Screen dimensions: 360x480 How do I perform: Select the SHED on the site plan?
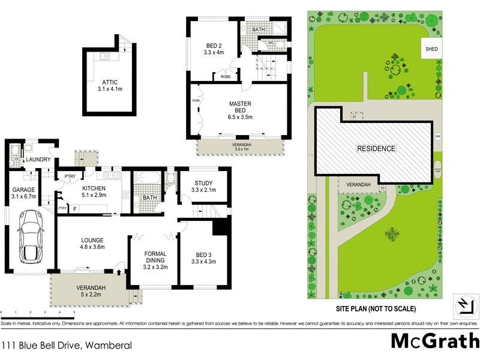pos(431,49)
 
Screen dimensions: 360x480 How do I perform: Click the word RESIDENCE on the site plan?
pos(376,148)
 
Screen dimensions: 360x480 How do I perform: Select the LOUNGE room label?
pos(93,241)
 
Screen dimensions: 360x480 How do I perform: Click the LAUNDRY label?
pos(37,160)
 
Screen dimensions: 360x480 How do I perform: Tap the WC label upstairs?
pos(271,43)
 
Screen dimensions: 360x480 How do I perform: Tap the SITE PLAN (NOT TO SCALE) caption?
pos(376,308)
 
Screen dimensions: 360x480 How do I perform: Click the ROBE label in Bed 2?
pos(226,77)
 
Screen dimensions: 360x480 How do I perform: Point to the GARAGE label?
pos(24,190)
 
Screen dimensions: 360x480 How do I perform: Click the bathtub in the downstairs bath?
pos(148,179)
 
